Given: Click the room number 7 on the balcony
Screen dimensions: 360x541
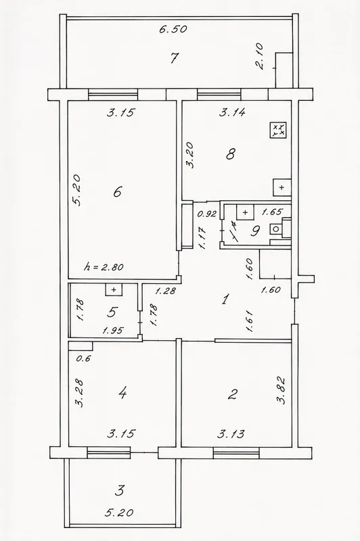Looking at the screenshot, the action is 175,57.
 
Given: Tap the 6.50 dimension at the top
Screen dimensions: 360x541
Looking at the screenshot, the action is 173,29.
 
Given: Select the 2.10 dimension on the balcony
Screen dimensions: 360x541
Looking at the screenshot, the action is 260,56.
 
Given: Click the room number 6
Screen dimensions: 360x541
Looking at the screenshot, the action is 117,191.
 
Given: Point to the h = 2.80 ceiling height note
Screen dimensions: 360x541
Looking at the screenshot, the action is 104,266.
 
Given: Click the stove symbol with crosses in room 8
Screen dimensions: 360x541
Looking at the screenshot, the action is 278,130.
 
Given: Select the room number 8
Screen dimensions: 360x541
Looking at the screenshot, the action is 231,154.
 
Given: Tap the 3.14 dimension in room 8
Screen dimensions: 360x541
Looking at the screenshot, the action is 233,112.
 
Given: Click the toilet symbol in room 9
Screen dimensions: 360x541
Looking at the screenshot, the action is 276,229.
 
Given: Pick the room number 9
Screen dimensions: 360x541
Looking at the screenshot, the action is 255,231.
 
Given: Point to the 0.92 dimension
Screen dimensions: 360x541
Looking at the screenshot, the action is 206,214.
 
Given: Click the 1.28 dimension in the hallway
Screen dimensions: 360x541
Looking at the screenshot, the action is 165,291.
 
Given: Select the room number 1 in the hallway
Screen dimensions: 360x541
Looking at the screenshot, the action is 225,299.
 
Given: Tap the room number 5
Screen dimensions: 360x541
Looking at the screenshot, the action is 112,312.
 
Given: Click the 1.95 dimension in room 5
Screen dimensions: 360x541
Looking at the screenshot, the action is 113,331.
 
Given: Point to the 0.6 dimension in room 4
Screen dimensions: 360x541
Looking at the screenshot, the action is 83,358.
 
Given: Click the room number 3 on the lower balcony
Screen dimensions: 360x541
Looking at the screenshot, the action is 119,490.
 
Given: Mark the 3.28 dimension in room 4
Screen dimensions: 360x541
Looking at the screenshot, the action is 80,394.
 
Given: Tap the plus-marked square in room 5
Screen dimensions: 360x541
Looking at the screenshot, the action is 114,289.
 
